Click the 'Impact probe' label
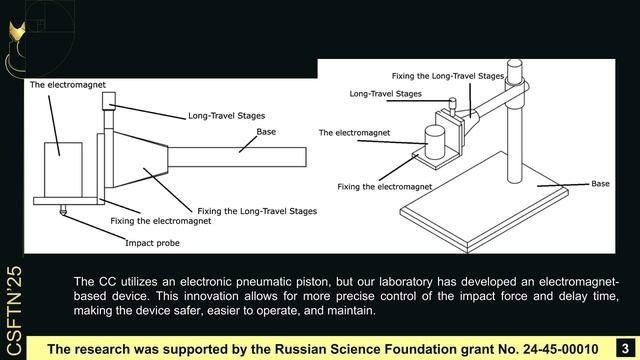(153, 242)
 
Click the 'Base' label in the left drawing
(266, 131)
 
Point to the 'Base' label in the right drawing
(600, 183)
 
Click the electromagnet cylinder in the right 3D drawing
(437, 141)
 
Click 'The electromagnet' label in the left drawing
(68, 85)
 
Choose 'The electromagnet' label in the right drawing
(355, 132)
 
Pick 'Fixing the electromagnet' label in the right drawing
(385, 186)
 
